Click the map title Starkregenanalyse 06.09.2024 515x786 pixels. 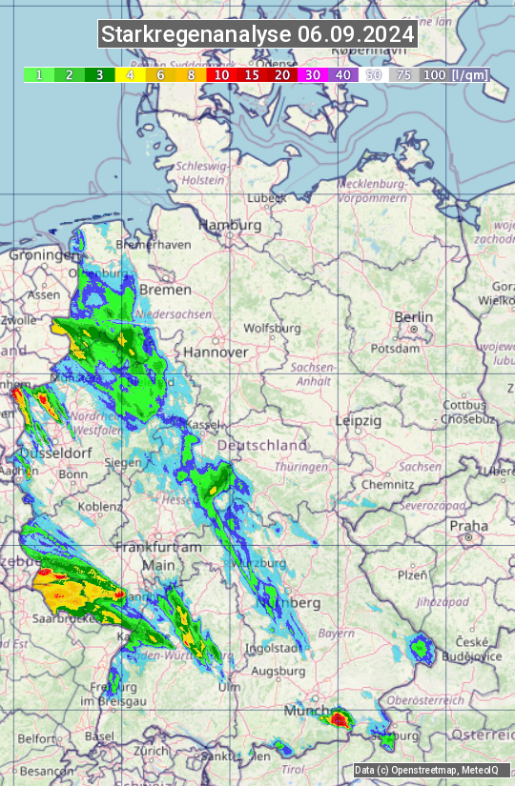[257, 34]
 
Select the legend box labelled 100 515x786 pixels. [434, 74]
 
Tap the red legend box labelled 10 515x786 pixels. [221, 74]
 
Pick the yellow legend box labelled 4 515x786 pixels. [130, 74]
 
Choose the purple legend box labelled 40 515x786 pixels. [343, 74]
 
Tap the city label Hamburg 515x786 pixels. [229, 226]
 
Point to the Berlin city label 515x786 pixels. [413, 317]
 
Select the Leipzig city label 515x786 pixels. [358, 420]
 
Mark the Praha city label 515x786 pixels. [468, 525]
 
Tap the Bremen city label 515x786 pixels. [158, 289]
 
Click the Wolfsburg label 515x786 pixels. [272, 329]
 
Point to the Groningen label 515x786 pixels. [42, 255]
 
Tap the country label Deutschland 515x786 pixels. [262, 445]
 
